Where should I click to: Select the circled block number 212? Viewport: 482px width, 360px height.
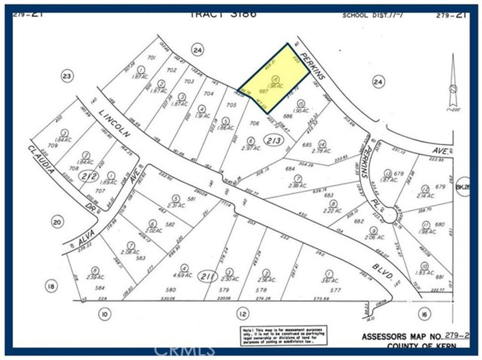tap(89, 177)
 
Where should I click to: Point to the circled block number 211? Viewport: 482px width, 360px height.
tap(204, 275)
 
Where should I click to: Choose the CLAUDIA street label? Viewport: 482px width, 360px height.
tap(44, 160)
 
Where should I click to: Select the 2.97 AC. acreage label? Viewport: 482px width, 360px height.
tap(251, 147)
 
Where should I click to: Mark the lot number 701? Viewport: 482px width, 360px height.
tap(151, 58)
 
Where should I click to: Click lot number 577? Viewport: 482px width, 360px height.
tap(335, 290)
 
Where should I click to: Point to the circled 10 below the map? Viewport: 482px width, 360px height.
tap(104, 314)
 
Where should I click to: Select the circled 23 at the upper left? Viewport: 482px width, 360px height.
tap(67, 76)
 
